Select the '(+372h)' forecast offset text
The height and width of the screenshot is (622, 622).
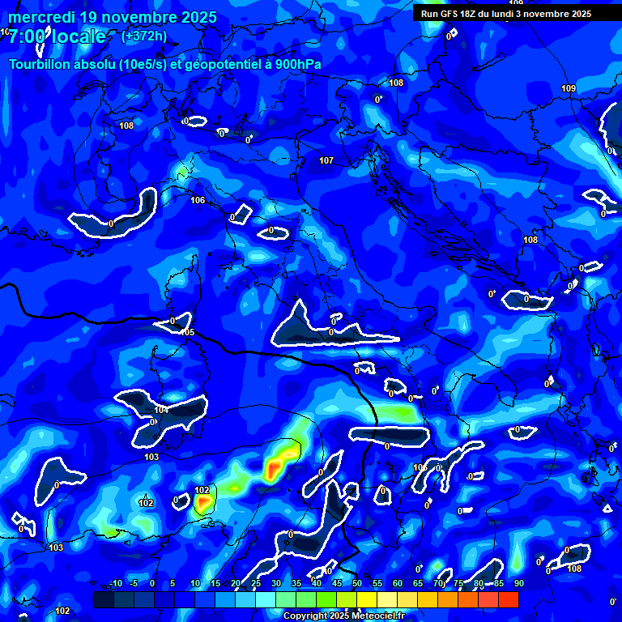[144, 36]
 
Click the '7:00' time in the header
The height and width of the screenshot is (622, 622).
[25, 36]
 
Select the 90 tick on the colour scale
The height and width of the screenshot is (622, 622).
[518, 583]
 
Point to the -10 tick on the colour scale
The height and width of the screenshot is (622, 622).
[115, 583]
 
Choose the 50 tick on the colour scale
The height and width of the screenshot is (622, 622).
[357, 583]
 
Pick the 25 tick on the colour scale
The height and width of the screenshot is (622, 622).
[256, 583]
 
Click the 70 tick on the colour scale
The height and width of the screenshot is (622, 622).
[438, 583]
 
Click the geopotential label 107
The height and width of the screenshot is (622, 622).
[326, 160]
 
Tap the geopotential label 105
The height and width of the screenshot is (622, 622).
[187, 332]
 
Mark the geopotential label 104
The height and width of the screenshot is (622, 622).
[162, 410]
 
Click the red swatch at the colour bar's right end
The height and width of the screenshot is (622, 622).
[508, 599]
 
